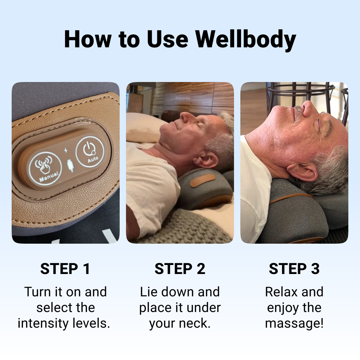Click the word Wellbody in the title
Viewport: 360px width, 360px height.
[246, 39]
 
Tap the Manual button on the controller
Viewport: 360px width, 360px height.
[45, 169]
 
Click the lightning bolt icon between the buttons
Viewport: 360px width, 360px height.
[66, 150]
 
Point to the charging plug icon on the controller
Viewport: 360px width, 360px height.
[70, 166]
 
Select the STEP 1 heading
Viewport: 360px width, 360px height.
[65, 269]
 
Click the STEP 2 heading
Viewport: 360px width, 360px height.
[180, 269]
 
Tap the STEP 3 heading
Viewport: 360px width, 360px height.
[294, 269]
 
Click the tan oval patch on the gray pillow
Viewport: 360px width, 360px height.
[203, 180]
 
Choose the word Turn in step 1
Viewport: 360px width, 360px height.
[38, 292]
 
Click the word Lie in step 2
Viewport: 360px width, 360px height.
[149, 292]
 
